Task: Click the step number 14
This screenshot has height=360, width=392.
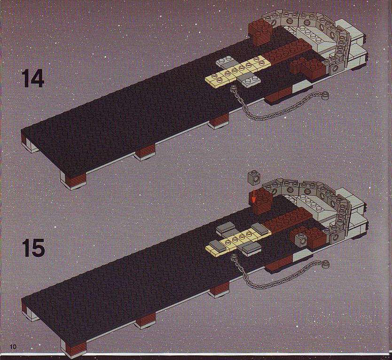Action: click(33, 78)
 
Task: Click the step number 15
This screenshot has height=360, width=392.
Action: click(33, 248)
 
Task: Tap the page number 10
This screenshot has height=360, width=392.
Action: click(13, 346)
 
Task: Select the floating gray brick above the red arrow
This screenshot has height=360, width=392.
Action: click(253, 179)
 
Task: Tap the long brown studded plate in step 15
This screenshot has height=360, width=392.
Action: click(288, 220)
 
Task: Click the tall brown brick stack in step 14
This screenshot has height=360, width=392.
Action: click(260, 32)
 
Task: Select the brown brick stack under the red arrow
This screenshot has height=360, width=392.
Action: click(260, 202)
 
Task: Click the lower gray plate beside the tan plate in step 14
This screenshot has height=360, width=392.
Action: click(249, 80)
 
